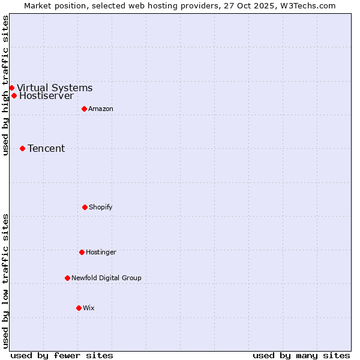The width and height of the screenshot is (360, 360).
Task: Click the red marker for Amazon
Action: (x=84, y=109)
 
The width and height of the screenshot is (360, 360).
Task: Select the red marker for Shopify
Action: (x=85, y=207)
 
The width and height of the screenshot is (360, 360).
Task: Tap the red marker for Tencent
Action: (x=22, y=148)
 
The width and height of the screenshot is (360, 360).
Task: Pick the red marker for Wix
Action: (x=79, y=308)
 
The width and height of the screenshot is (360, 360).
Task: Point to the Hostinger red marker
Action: (x=82, y=252)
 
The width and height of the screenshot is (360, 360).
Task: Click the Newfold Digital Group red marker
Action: (x=67, y=278)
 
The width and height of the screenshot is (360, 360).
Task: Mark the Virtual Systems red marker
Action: (x=11, y=88)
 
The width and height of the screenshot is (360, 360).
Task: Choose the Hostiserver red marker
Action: (x=14, y=95)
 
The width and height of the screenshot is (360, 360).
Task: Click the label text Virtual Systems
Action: (x=55, y=88)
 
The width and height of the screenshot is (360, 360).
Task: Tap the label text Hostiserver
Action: (x=46, y=95)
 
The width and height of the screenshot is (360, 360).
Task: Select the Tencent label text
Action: (x=46, y=148)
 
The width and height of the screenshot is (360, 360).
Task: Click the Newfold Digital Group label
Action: (x=106, y=278)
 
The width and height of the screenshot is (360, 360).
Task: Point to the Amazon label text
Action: (x=101, y=109)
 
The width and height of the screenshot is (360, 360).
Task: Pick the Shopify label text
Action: (x=101, y=207)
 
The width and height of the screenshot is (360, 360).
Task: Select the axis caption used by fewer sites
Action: (x=62, y=355)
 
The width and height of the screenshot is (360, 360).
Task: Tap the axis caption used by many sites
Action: (x=301, y=355)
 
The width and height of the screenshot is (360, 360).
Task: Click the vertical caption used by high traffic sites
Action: (x=5, y=85)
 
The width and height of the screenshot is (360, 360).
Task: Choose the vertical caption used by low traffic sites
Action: (x=5, y=281)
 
